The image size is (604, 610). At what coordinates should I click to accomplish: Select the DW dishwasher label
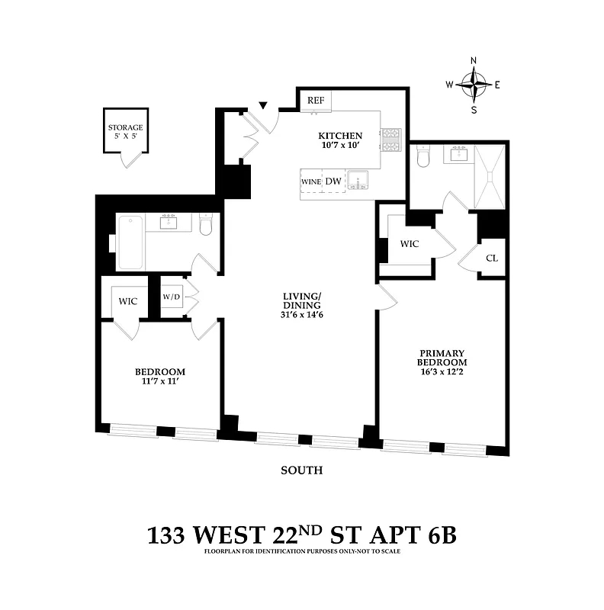pyautogui.click(x=333, y=181)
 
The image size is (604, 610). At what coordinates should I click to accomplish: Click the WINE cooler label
pyautogui.click(x=310, y=181)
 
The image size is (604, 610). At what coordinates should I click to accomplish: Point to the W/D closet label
pyautogui.click(x=171, y=297)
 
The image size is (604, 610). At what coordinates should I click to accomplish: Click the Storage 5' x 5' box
pyautogui.click(x=125, y=131)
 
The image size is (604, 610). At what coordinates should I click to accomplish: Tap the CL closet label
pyautogui.click(x=492, y=258)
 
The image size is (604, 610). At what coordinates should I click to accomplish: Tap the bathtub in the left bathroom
pyautogui.click(x=130, y=242)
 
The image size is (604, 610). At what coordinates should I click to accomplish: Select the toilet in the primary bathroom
pyautogui.click(x=424, y=156)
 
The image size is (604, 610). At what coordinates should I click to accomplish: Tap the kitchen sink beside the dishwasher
pyautogui.click(x=358, y=181)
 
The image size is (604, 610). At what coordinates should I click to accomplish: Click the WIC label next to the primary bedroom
pyautogui.click(x=410, y=245)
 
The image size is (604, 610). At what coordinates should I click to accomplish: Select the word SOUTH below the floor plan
pyautogui.click(x=301, y=470)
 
